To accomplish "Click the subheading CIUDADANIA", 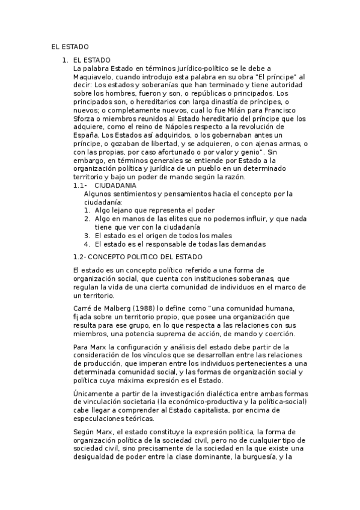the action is pyautogui.click(x=115, y=186).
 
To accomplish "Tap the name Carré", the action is pyautogui.click(x=82, y=308).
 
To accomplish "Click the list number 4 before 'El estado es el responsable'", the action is pyautogui.click(x=87, y=244).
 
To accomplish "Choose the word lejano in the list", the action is pyautogui.click(x=123, y=210).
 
